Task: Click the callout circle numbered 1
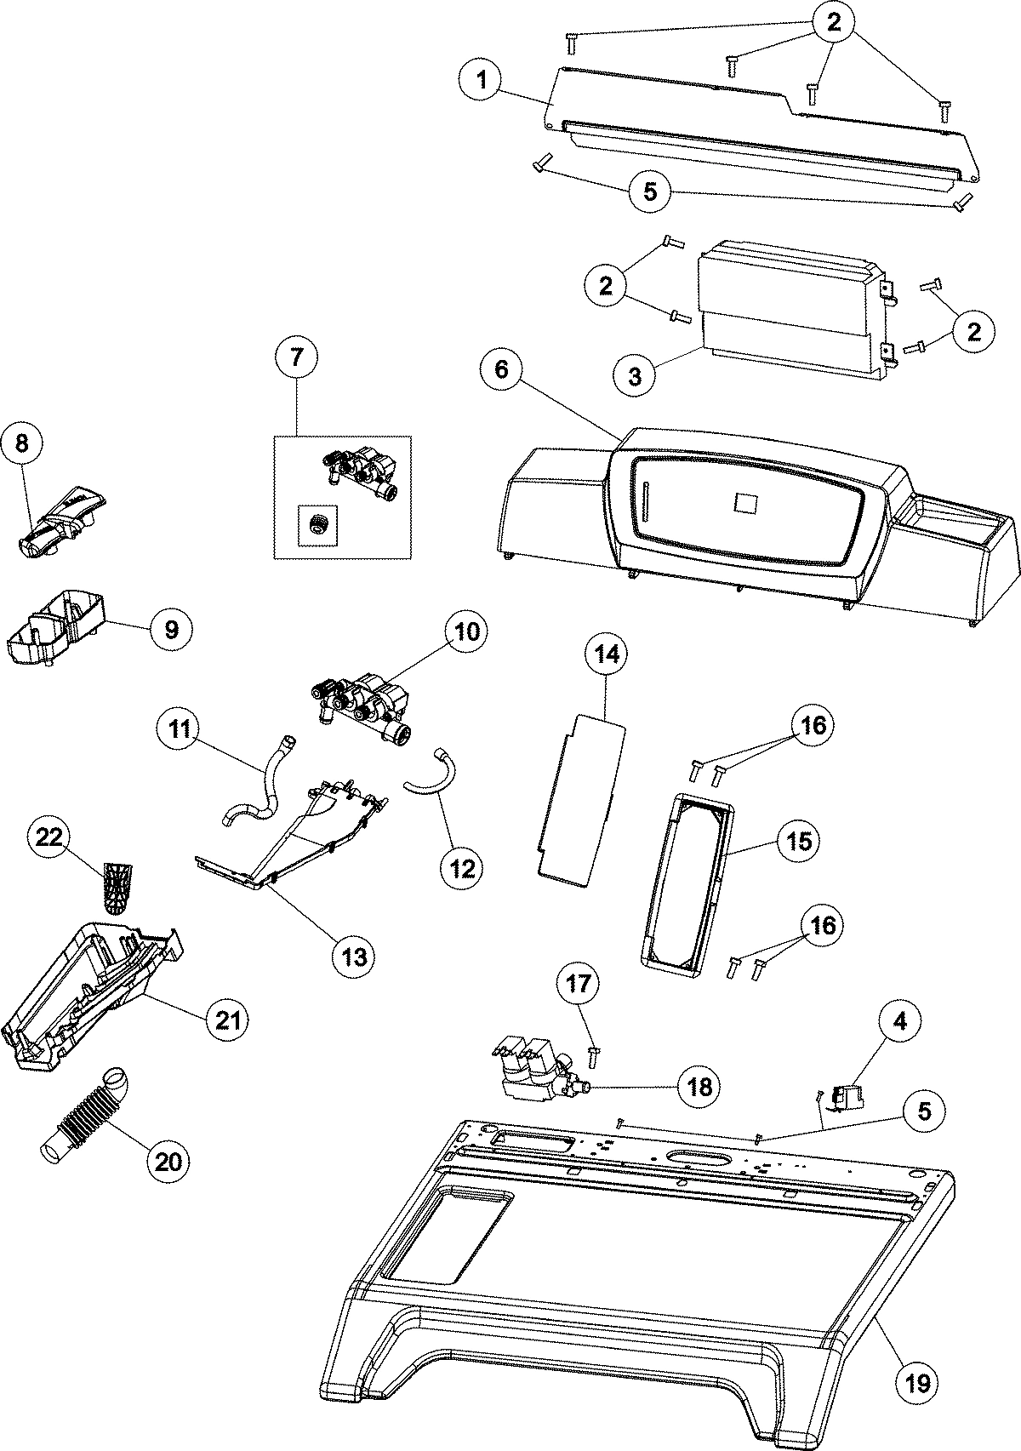(x=482, y=81)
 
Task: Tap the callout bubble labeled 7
(x=296, y=357)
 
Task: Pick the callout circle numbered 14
(x=606, y=654)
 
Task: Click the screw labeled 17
(x=594, y=1057)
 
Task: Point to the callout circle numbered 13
(x=354, y=956)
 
